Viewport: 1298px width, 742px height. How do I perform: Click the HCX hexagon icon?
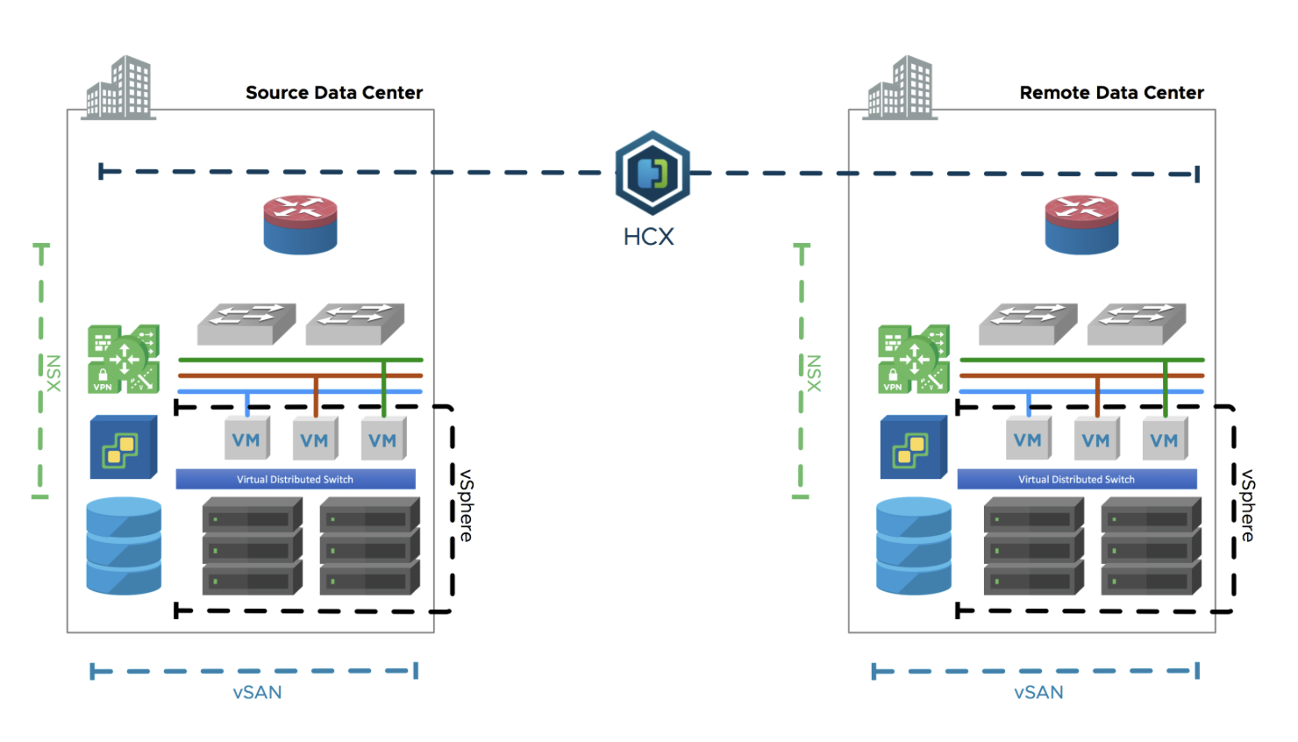coord(653,173)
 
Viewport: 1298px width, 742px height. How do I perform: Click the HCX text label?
coord(648,237)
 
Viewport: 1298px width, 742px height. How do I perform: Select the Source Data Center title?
coord(334,93)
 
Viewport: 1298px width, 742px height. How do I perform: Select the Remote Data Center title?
coord(1111,93)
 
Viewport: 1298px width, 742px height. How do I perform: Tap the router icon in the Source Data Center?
coord(300,225)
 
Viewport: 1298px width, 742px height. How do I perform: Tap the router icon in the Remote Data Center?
coord(1081,225)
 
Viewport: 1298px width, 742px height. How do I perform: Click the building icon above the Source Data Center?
coord(118,88)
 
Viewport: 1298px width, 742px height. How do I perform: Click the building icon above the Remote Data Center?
coord(900,88)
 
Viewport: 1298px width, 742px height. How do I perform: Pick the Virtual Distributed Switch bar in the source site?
coord(296,479)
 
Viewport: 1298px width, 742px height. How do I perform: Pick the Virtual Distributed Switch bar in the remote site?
coord(1077,479)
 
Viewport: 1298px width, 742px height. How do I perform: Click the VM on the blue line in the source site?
coord(246,439)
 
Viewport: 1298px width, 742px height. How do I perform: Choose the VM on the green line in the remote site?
coord(1164,439)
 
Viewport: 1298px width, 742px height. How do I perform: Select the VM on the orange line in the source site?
coord(315,439)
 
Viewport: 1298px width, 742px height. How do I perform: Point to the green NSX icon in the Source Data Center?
coord(124,359)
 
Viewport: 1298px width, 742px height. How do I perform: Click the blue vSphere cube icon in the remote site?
coord(913,447)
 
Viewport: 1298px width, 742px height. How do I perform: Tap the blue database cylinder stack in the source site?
coord(124,546)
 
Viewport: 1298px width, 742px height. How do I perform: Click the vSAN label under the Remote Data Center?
coord(1038,692)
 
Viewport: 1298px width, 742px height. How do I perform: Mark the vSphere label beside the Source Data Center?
coord(467,505)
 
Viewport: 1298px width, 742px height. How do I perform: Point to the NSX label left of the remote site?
coord(814,374)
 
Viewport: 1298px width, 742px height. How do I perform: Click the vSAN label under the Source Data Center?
coord(257,692)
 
